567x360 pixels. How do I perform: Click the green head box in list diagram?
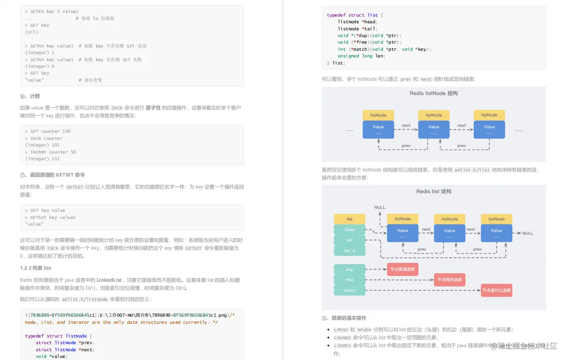pos(349,229)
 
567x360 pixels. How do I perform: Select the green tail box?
pos(349,240)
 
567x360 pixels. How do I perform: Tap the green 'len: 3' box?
pos(349,251)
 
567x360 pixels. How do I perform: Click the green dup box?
pos(349,269)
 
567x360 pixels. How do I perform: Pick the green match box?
pos(349,290)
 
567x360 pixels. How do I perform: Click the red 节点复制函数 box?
pos(402,269)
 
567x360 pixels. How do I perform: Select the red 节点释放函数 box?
pos(449,280)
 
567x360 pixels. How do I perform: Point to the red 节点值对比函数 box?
pos(496,290)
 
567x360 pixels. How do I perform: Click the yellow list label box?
pos(349,219)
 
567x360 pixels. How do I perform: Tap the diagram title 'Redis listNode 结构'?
pos(433,94)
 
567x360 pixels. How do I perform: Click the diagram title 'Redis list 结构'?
pos(433,191)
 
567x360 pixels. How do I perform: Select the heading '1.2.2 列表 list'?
pos(36,268)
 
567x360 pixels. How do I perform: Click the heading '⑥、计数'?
pos(30,96)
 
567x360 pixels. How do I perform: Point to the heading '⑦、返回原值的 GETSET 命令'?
pos(52,175)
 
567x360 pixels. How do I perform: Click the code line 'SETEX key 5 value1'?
pos(54,12)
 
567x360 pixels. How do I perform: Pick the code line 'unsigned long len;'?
pos(361,56)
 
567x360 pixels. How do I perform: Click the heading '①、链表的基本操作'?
pos(344,318)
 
